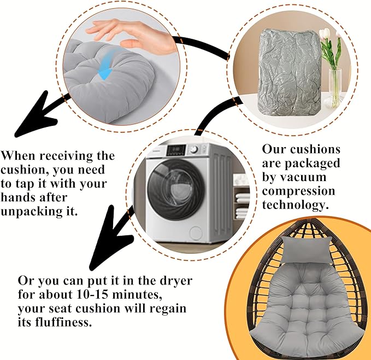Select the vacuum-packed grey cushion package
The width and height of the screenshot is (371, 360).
tap(290, 72)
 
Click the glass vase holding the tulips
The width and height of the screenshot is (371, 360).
tap(335, 88)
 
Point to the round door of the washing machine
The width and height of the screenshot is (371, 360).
tap(176, 189)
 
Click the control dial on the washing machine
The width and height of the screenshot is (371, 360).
tap(194, 149)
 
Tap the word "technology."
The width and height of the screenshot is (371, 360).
tap(296, 205)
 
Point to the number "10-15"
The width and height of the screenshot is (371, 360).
tap(92, 294)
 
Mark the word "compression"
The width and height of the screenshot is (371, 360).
tap(298, 191)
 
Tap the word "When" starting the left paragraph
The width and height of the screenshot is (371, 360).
tap(19, 155)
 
